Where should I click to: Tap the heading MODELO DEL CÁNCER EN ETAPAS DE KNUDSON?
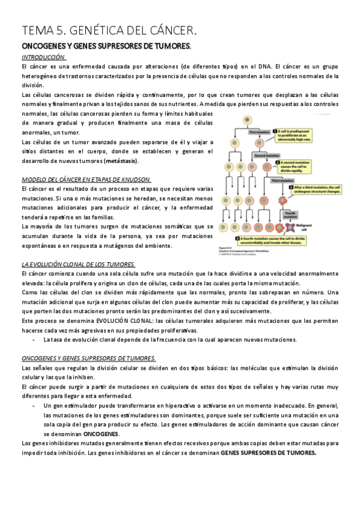[86, 179]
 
